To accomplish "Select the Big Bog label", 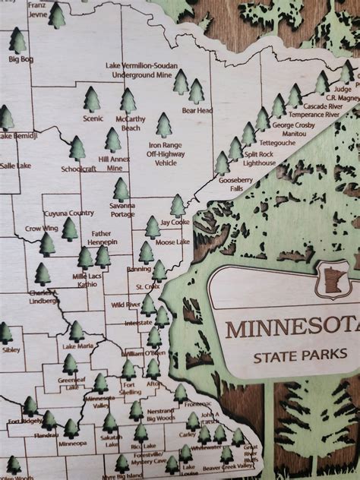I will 21,58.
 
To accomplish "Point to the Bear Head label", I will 196,110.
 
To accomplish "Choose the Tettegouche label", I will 276,142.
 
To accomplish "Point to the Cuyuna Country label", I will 68,213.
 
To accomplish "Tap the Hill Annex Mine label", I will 115,163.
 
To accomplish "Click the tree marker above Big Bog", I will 17,39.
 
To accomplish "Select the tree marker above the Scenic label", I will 92,99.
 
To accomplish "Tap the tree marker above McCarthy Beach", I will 128,99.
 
